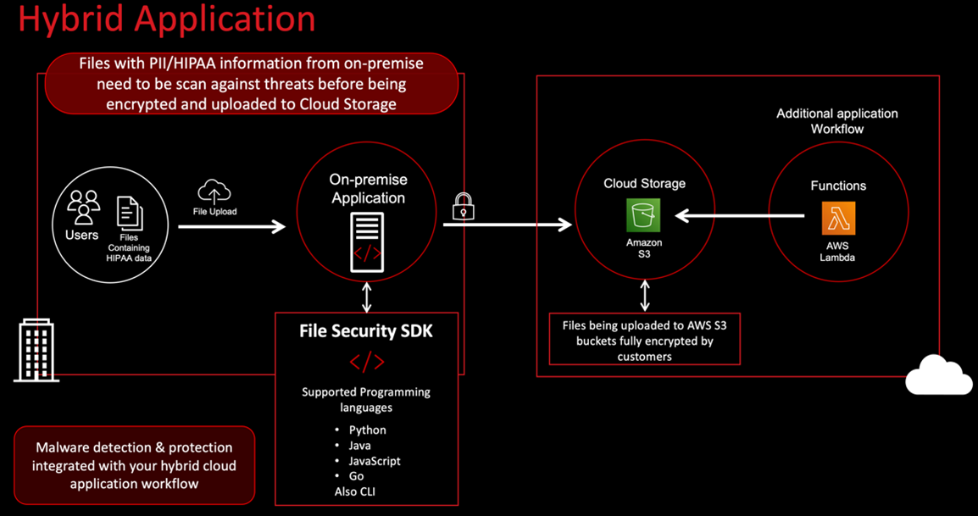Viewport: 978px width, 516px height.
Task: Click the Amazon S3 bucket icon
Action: [x=643, y=215]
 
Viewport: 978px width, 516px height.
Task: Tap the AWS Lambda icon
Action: [x=838, y=218]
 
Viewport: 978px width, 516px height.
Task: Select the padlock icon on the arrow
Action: [x=463, y=206]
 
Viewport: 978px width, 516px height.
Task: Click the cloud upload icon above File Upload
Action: [x=214, y=191]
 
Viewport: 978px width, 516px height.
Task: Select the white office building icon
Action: [x=36, y=350]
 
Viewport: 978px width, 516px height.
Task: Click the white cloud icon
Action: [x=938, y=376]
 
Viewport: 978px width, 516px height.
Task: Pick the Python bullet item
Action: [x=368, y=430]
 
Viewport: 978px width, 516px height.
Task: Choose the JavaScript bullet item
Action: [x=375, y=461]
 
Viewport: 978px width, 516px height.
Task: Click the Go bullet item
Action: [x=357, y=476]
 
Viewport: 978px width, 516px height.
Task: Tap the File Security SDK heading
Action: [x=366, y=331]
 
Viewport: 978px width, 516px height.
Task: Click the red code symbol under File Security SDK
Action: [x=367, y=363]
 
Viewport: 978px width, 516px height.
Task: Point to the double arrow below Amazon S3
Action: [x=645, y=294]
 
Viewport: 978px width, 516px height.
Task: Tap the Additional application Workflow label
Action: [x=836, y=121]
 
